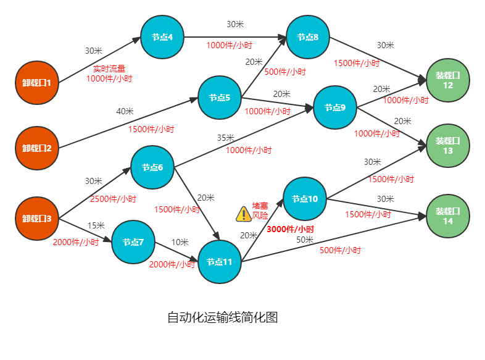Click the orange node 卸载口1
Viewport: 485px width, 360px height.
click(37, 83)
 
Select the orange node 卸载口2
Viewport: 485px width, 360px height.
click(37, 148)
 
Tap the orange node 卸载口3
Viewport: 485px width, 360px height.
click(37, 219)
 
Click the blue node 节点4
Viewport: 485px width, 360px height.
click(162, 37)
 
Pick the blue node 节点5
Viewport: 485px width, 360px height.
click(219, 98)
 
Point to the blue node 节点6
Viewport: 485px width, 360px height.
click(152, 167)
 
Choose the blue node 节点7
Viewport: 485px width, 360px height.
click(133, 242)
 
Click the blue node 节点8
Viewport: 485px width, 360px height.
click(307, 37)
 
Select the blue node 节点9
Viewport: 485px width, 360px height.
click(335, 107)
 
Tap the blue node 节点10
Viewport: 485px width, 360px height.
click(305, 199)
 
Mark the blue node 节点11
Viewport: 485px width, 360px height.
click(219, 262)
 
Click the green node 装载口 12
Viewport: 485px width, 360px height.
click(448, 80)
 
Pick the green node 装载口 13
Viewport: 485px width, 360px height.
click(448, 146)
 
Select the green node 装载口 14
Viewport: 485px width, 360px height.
click(448, 216)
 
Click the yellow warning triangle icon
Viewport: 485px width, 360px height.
click(244, 214)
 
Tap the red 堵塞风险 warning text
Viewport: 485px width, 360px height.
click(260, 211)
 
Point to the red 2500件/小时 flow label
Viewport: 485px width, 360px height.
click(113, 199)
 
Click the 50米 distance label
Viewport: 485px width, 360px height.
click(305, 240)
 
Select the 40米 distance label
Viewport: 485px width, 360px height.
click(125, 111)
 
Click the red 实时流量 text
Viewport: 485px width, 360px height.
click(109, 69)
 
